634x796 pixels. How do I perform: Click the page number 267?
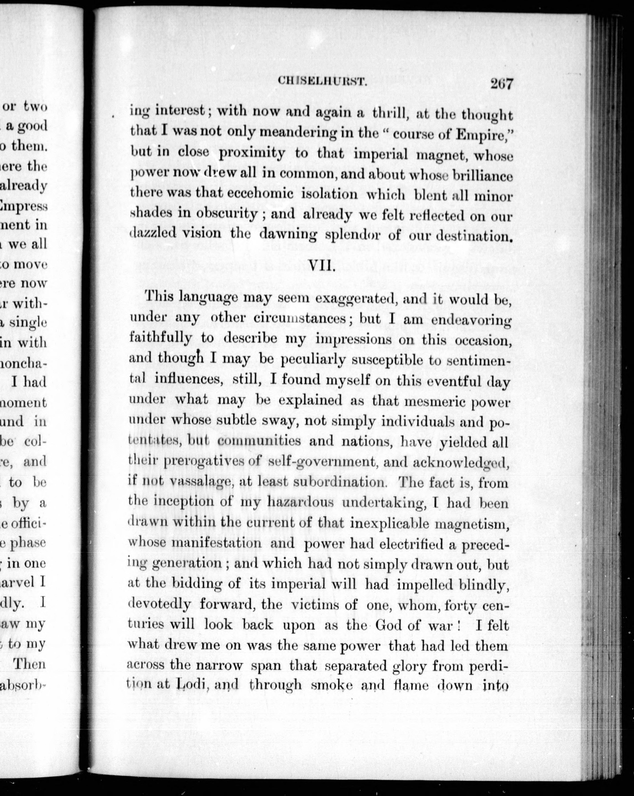point(501,84)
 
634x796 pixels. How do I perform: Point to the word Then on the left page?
point(29,665)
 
